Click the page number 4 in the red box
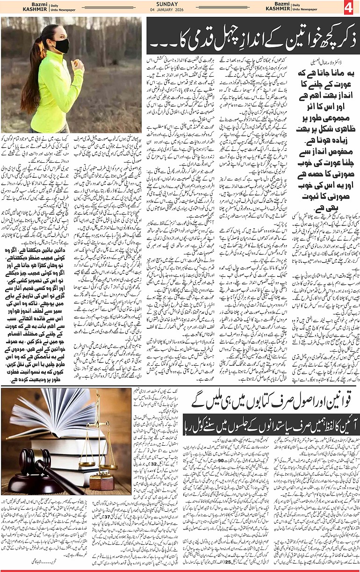pyautogui.click(x=350, y=7)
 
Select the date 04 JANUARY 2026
pyautogui.click(x=180, y=10)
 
